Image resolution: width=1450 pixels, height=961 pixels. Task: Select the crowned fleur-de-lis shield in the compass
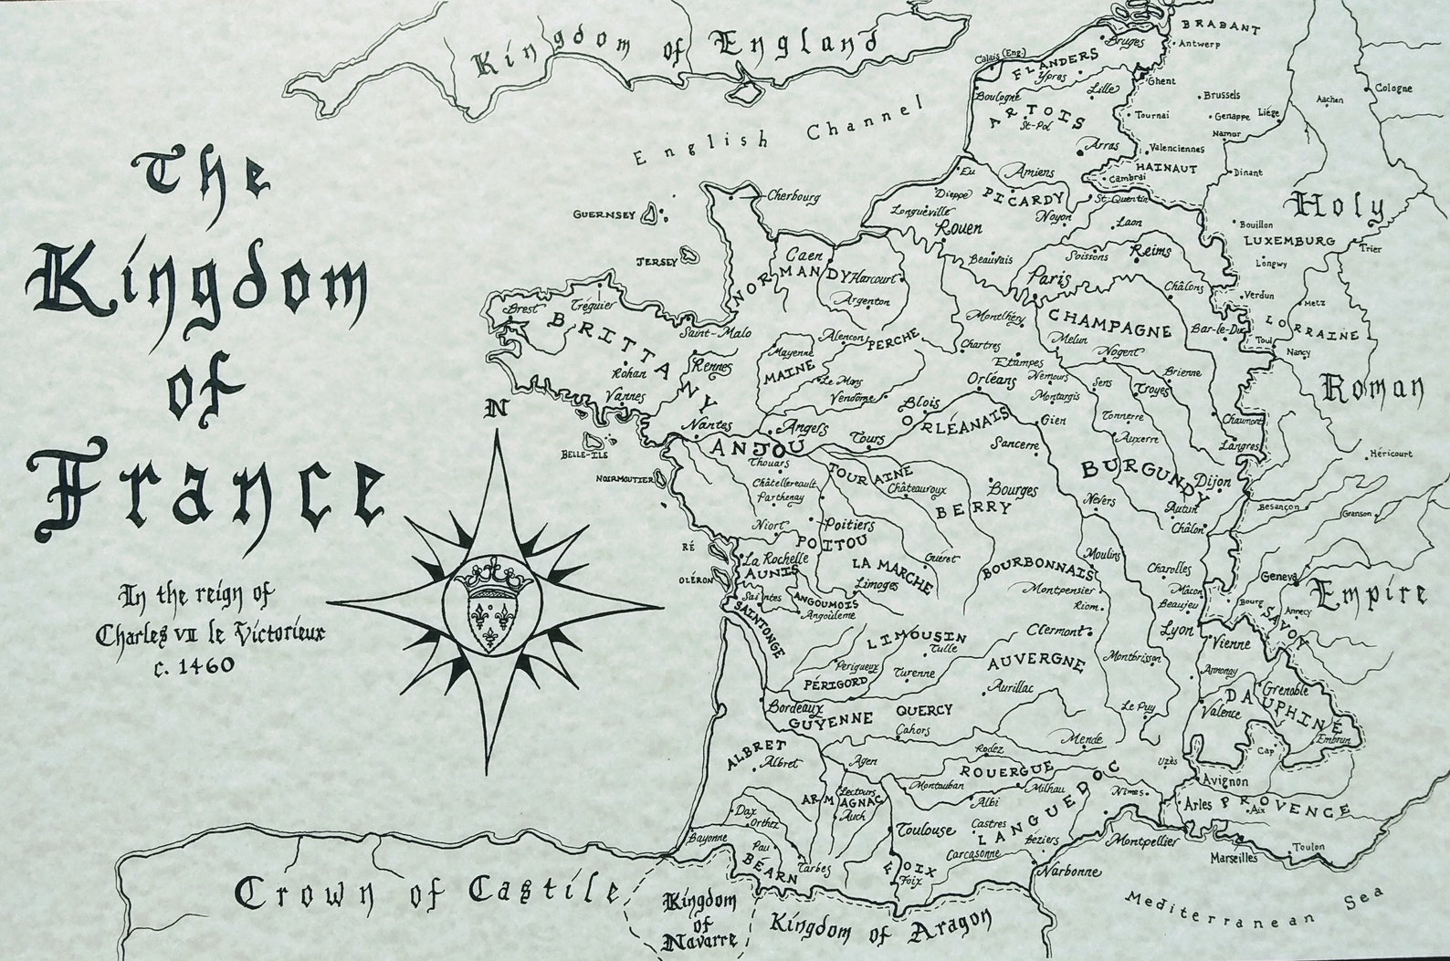click(x=495, y=607)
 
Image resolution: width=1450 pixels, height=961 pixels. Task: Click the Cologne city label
click(x=1392, y=89)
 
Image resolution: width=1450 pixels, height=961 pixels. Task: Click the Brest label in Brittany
click(x=516, y=308)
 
